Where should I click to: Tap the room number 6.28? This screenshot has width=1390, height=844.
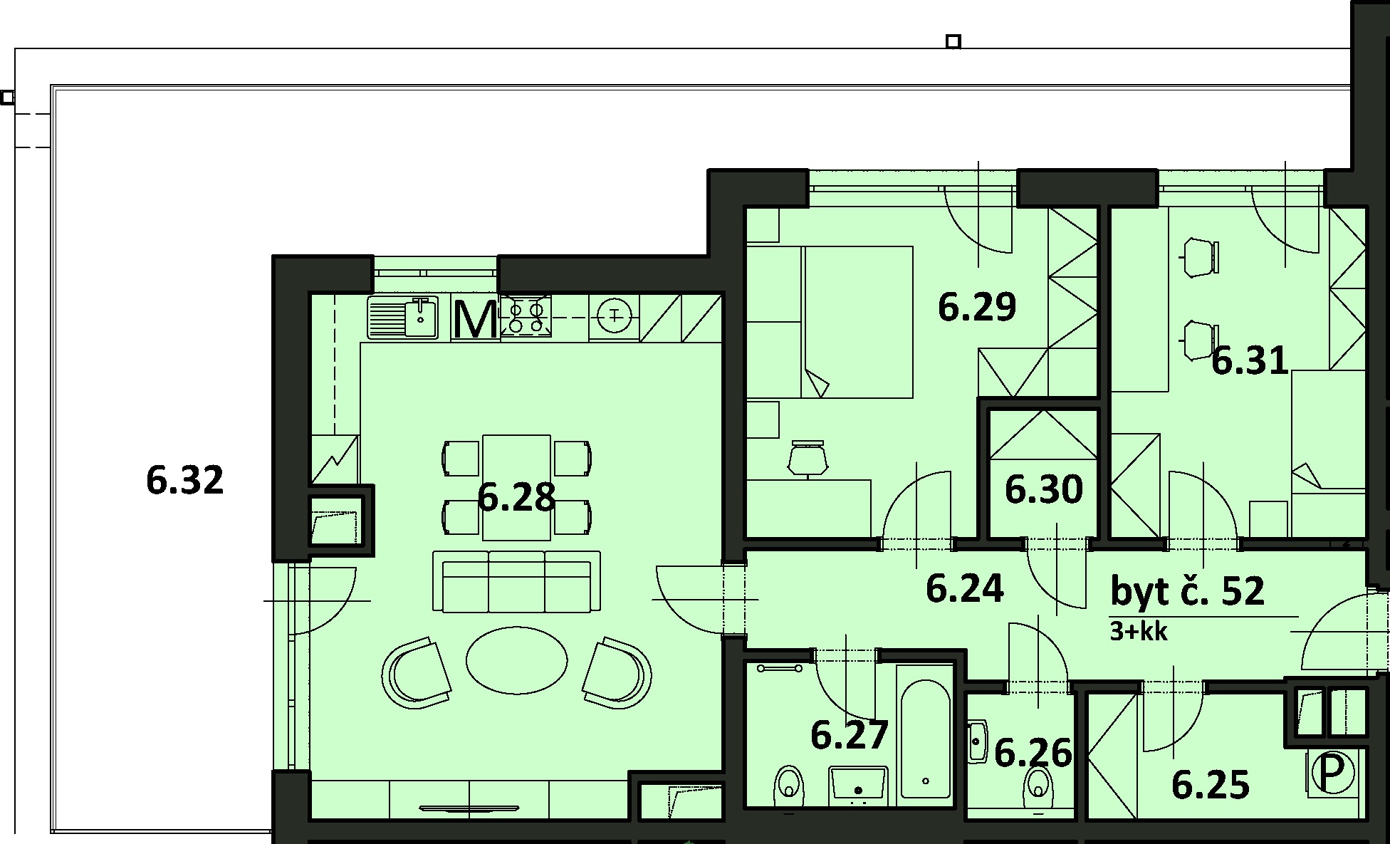click(516, 496)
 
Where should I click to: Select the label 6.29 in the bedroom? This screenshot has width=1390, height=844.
click(977, 307)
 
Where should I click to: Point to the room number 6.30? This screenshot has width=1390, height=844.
click(1044, 489)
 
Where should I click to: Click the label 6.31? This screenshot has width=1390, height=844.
click(1250, 360)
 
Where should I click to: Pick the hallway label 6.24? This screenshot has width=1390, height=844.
click(965, 588)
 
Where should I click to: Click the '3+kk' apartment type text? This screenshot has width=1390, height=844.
click(1139, 631)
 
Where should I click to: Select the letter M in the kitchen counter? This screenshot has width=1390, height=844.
click(475, 320)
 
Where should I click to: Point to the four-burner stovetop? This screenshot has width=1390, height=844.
click(526, 316)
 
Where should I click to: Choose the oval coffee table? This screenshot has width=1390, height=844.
click(517, 660)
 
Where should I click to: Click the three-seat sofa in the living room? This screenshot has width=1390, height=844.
click(516, 581)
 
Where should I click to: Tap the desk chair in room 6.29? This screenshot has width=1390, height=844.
click(808, 458)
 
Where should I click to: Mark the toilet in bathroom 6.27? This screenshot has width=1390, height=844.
click(788, 786)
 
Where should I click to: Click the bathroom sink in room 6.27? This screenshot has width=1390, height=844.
click(858, 785)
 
